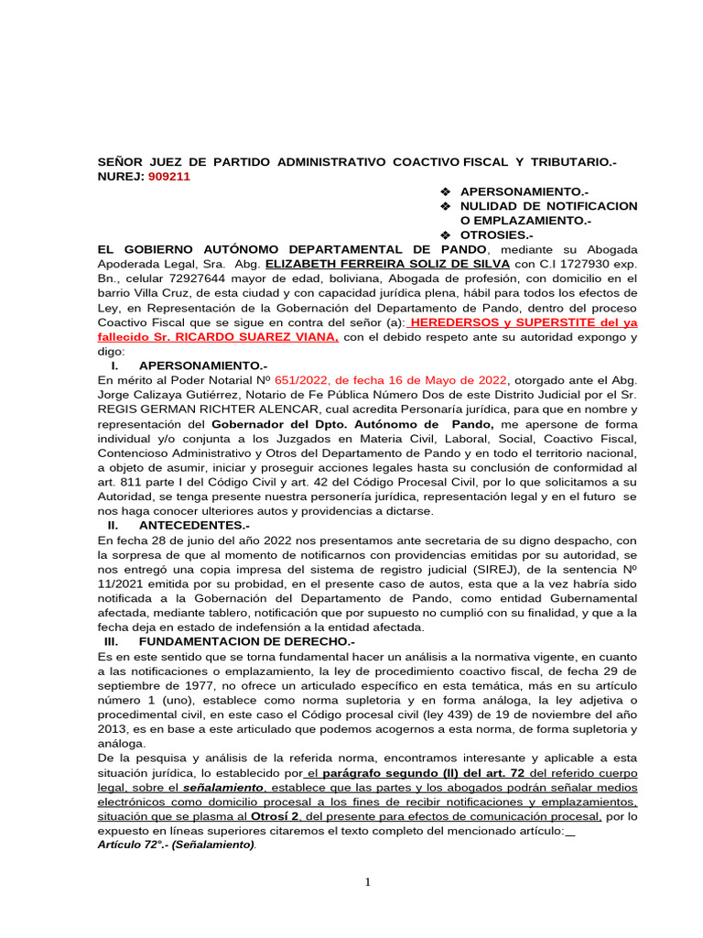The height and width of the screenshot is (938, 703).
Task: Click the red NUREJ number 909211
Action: click(168, 177)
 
